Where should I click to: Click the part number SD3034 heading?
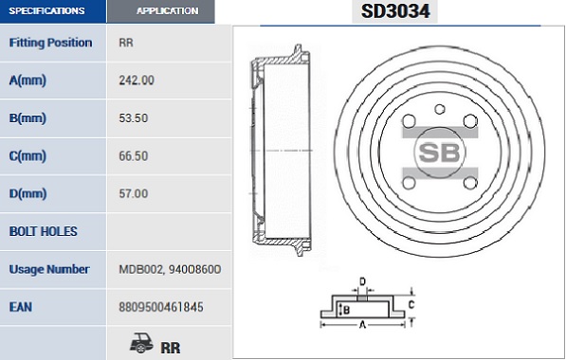coord(395,11)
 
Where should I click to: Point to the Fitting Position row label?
coord(50,43)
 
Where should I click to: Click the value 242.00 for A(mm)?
coord(137,81)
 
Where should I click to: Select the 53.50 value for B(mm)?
coord(133,118)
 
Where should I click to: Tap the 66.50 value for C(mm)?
coord(133,155)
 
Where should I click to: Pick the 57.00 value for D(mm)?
coord(133,193)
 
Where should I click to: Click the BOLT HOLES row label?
coord(44,231)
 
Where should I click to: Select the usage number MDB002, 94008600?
coord(170,269)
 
